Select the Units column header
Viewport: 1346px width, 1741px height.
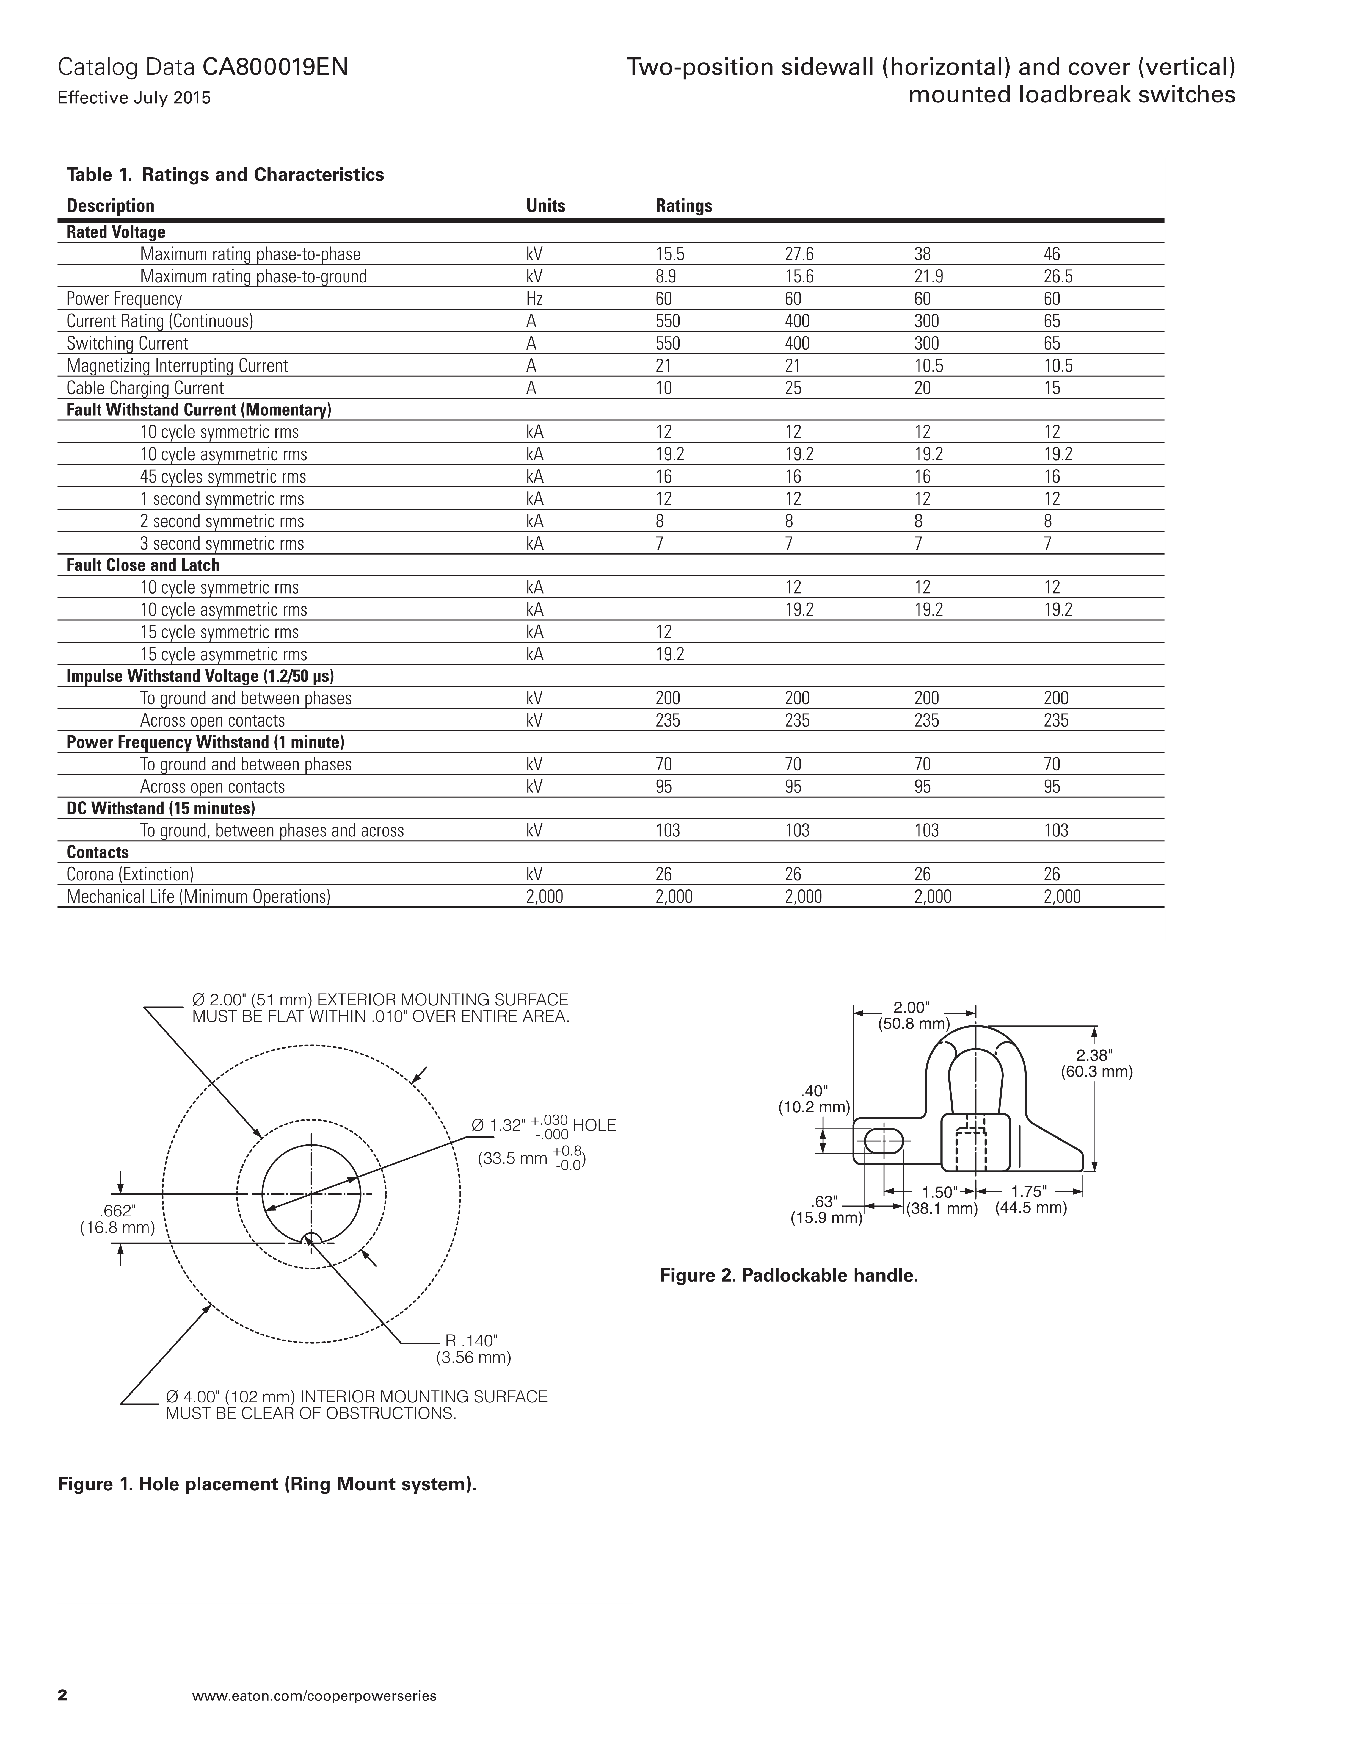[x=545, y=206]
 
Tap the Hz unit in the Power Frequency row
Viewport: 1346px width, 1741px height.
[x=534, y=299]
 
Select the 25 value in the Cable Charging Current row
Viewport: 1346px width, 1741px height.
[x=793, y=388]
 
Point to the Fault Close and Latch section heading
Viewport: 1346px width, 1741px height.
[x=143, y=565]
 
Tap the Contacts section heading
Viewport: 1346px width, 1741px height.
[x=97, y=852]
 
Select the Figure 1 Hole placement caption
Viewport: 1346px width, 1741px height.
[x=266, y=1484]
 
